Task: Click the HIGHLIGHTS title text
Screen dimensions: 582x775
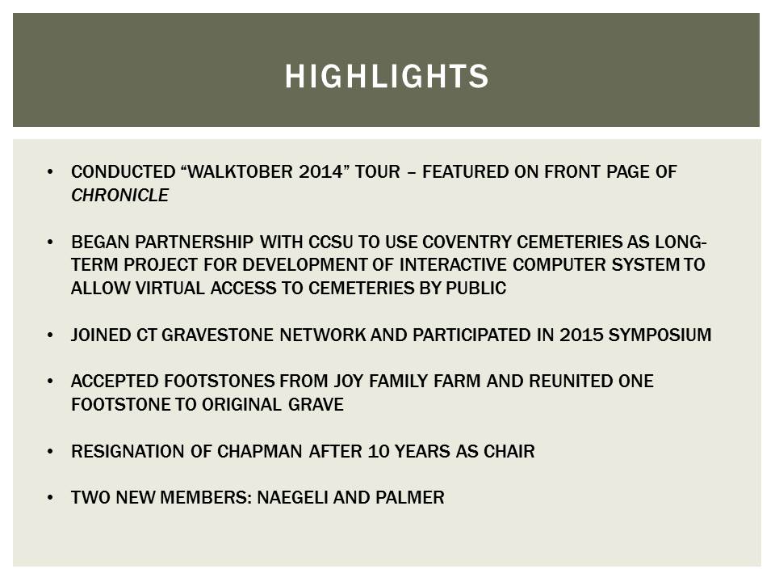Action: pyautogui.click(x=387, y=76)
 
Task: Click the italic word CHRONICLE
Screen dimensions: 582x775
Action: pyautogui.click(x=119, y=196)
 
